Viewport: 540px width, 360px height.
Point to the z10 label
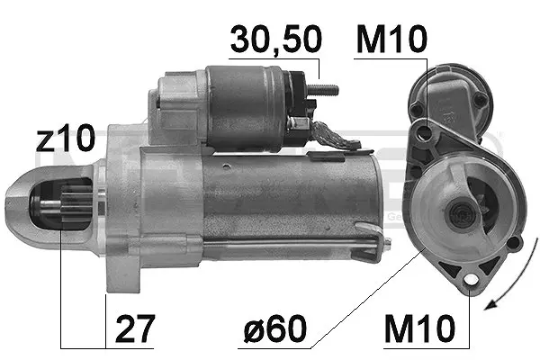64,139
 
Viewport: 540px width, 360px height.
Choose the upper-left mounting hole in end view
415,111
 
